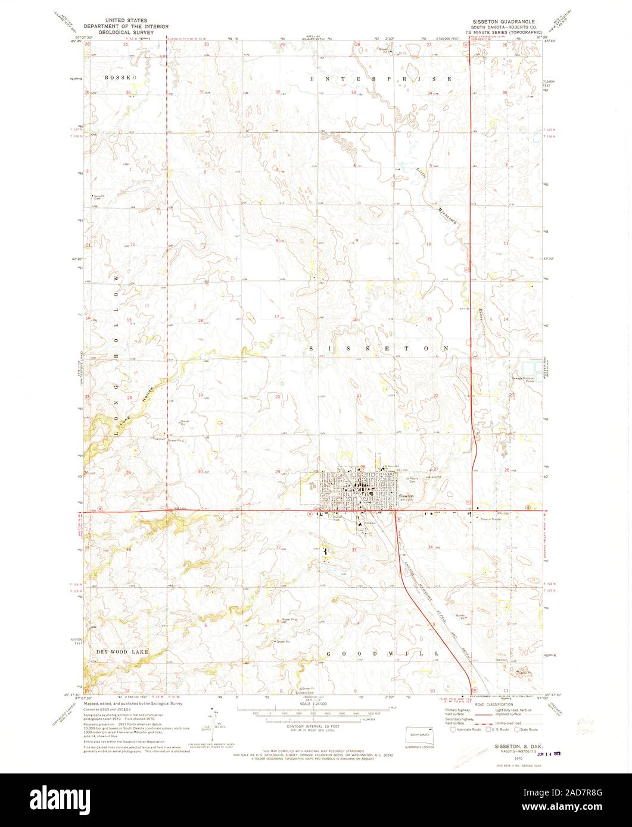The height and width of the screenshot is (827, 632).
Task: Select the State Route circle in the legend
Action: (x=519, y=729)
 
